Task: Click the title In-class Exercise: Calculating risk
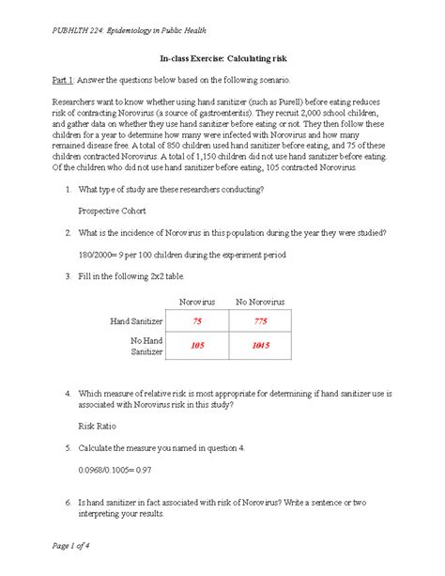pos(222,60)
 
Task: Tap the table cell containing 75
pos(196,322)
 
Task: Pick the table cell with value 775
pos(260,322)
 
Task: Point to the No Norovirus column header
pos(260,301)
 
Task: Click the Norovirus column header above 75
pos(197,301)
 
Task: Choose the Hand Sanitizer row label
pos(136,322)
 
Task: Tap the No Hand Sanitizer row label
pos(147,344)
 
